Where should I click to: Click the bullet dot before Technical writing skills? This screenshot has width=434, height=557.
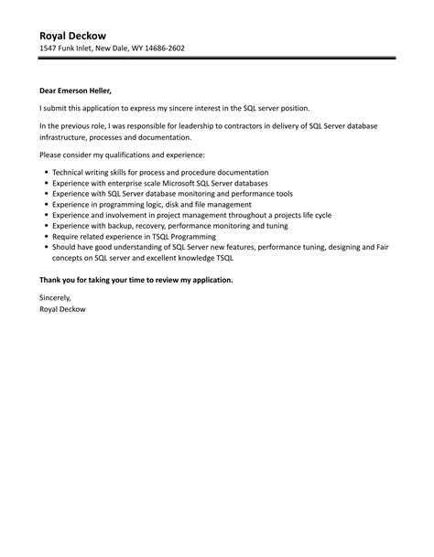45,172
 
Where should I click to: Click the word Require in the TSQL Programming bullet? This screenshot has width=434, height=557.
69,236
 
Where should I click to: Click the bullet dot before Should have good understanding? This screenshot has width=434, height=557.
45,247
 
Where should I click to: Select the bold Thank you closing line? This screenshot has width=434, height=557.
136,279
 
